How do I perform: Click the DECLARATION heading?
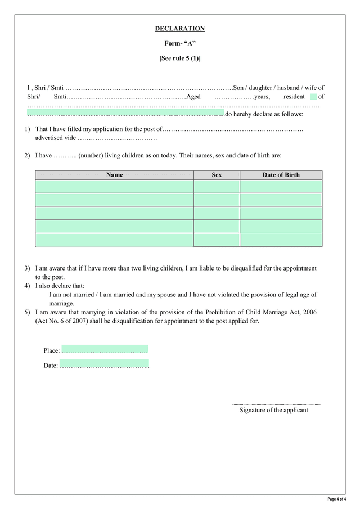click(x=180, y=29)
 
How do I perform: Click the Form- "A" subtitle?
click(x=180, y=43)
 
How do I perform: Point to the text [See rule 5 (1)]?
click(x=180, y=58)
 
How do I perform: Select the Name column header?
click(x=114, y=175)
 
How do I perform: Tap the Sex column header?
click(x=217, y=175)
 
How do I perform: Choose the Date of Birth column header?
click(x=281, y=175)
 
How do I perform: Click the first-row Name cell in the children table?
click(x=114, y=187)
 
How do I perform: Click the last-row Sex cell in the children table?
click(x=217, y=240)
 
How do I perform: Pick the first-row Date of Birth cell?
click(x=281, y=187)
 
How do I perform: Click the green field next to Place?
click(x=105, y=349)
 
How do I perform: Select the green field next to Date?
click(x=105, y=364)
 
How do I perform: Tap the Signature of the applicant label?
click(x=274, y=410)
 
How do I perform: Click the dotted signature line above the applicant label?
click(x=276, y=404)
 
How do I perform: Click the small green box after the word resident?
click(x=313, y=97)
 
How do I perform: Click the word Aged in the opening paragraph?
click(x=193, y=97)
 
